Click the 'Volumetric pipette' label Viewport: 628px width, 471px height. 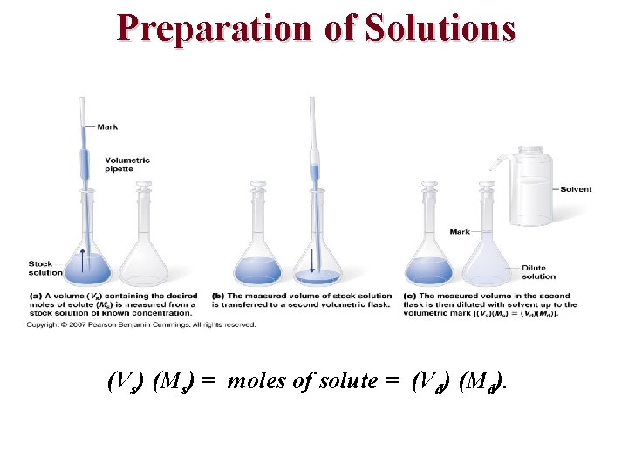[x=126, y=164]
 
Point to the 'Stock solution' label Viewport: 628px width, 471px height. [x=45, y=268]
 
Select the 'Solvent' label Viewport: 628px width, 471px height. [x=576, y=189]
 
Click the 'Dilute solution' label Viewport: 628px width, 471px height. [x=538, y=272]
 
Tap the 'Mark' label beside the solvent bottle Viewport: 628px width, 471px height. [x=460, y=231]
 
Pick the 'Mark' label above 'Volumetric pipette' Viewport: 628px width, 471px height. [x=108, y=127]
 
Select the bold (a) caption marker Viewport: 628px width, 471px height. [x=33, y=296]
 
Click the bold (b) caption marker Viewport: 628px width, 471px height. [x=218, y=296]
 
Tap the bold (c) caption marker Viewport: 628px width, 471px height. [x=408, y=296]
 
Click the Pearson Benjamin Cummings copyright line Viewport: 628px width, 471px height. [x=140, y=325]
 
